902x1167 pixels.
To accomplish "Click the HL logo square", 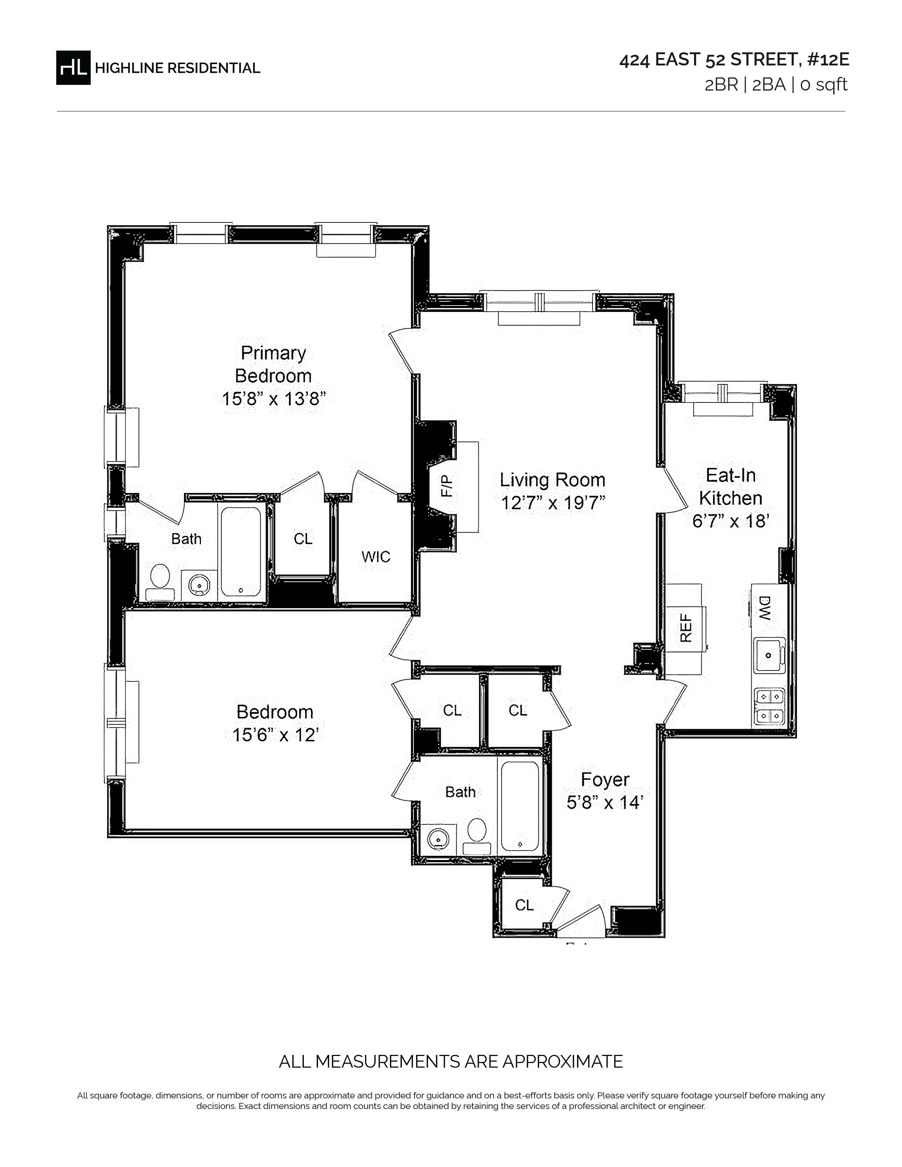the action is (x=73, y=67).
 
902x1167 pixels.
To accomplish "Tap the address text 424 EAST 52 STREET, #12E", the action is (x=734, y=60).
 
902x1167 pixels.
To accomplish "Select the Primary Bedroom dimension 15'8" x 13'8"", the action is (x=273, y=399).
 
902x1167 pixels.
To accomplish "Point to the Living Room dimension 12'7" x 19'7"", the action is (x=553, y=503).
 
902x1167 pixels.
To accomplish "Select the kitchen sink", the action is (x=769, y=655).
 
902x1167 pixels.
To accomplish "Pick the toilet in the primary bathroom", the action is (x=160, y=583).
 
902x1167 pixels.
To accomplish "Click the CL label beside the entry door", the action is (x=524, y=905).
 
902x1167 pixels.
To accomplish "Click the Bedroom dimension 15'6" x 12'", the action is (x=275, y=735).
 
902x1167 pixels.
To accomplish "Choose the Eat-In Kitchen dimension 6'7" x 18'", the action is (x=730, y=521).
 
